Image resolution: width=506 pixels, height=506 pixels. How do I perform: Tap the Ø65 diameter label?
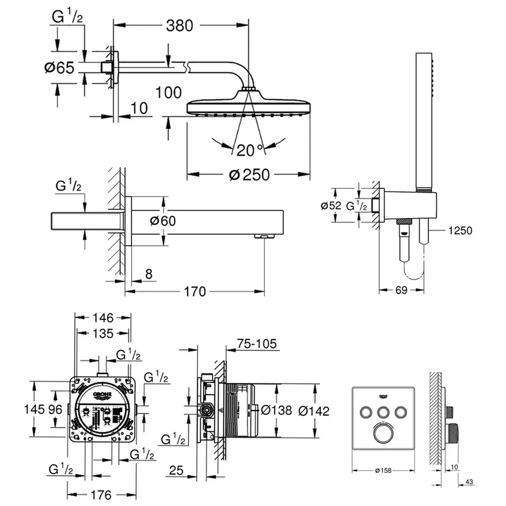tap(59, 68)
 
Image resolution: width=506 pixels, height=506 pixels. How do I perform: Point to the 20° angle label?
tap(250, 150)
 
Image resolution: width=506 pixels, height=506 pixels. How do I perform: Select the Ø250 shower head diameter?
tap(249, 174)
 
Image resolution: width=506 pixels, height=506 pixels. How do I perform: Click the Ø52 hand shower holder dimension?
tap(331, 206)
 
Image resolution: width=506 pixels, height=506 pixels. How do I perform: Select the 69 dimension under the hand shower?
tap(401, 290)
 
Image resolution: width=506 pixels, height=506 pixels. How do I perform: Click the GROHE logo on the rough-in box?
tap(103, 396)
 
